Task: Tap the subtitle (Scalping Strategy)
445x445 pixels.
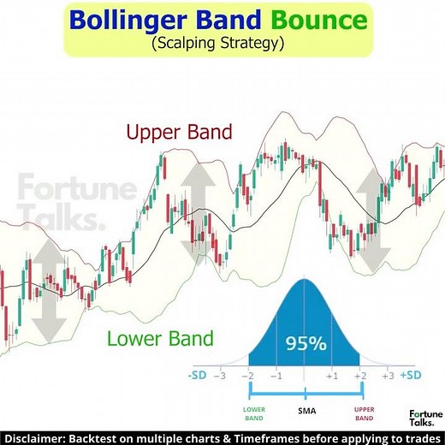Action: tap(222, 42)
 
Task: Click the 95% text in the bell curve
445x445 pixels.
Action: tap(306, 344)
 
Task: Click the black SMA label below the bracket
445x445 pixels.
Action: tap(306, 411)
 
